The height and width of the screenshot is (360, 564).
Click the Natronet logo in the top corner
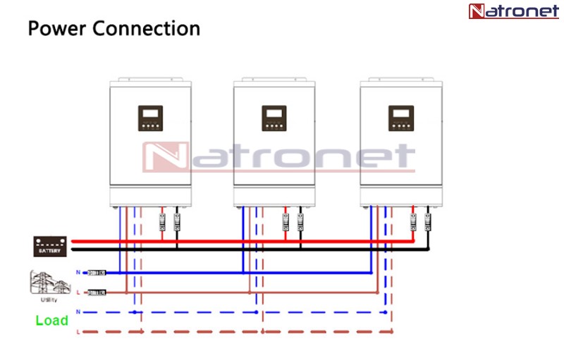pos(513,11)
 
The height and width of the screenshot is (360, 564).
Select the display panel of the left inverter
pos(150,118)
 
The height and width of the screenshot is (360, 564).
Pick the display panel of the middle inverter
pos(274,118)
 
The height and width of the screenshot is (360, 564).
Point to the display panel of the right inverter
pos(400,118)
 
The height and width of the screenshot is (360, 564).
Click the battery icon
pos(51,246)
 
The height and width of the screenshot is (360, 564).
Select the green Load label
pos(52,321)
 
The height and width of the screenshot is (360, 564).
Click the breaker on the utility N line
pos(96,272)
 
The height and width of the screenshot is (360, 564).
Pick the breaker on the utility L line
pos(96,292)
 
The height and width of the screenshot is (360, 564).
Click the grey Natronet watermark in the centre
pos(278,158)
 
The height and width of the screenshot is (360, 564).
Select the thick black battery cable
pos(247,249)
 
